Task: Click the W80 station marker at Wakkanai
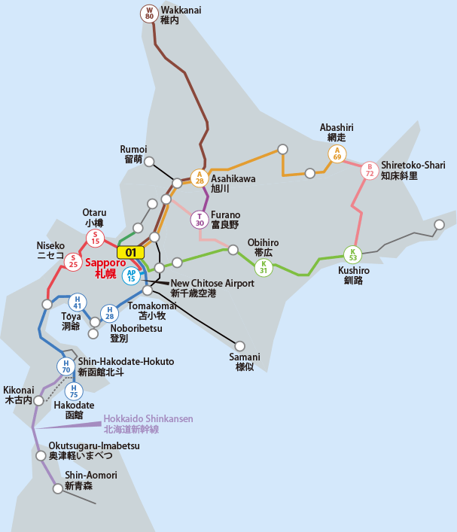149,14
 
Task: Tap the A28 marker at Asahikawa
199,178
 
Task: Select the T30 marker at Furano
200,219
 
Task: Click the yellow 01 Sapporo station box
130,253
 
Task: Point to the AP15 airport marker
131,275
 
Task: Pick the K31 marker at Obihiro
264,267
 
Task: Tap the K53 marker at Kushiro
352,254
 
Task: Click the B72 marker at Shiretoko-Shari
370,170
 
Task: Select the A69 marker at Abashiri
337,154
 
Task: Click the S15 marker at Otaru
96,239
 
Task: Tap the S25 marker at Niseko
73,262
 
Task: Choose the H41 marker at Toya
77,302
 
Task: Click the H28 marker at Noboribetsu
110,313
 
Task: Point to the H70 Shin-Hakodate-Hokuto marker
66,366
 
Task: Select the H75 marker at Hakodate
73,391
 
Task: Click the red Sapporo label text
105,269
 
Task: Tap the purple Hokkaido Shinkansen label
148,424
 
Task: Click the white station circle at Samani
240,346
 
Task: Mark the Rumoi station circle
150,161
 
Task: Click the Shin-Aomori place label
91,481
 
